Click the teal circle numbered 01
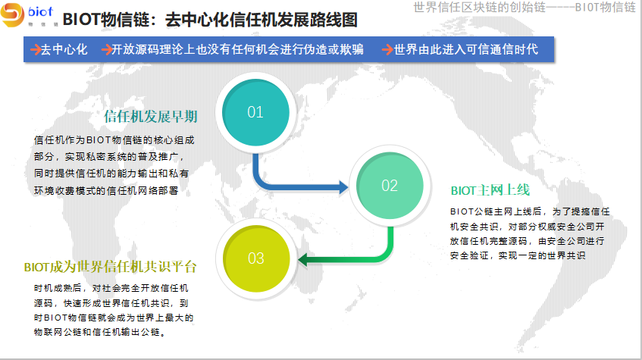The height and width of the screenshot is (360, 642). coord(255,112)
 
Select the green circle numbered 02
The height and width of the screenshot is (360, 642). coord(390,186)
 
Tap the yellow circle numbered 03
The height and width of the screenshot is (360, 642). coord(256,258)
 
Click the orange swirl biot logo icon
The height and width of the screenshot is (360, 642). coord(12,14)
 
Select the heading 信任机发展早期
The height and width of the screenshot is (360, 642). coord(151,116)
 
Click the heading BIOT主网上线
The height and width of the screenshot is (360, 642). coord(490,190)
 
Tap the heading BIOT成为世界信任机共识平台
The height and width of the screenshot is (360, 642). coord(111,267)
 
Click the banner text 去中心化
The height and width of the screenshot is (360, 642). coord(64,49)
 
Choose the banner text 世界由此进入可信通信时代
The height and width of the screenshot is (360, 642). coord(466,49)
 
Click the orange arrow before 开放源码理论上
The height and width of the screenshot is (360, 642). coord(106,49)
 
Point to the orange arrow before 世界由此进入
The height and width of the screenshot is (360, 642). coord(387,49)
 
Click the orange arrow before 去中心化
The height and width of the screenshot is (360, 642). coord(36,49)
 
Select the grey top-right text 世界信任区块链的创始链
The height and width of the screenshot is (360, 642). coord(480,8)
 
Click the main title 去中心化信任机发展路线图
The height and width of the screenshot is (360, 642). coord(261,20)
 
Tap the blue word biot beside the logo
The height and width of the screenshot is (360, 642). coord(40,12)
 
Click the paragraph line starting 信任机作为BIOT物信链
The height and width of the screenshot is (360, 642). coord(114,140)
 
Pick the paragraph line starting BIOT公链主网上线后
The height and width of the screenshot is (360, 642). coord(531,211)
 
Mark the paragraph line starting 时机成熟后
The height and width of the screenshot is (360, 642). coord(111,288)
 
